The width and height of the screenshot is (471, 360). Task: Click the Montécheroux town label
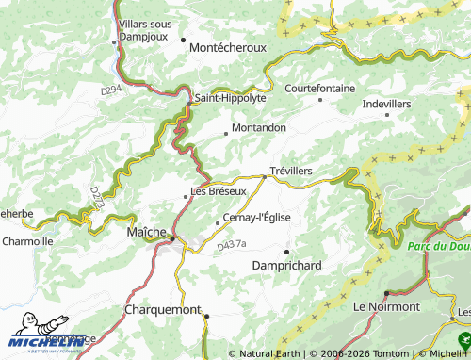click(x=228, y=46)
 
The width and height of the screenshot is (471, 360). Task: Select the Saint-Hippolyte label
click(x=230, y=97)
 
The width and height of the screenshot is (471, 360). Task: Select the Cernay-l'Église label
click(x=256, y=217)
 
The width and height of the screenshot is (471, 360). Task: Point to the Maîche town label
click(x=146, y=230)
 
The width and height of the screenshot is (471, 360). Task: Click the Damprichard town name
click(x=287, y=266)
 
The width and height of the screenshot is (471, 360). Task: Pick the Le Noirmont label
click(x=386, y=307)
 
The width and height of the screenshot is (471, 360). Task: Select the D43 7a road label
click(x=230, y=245)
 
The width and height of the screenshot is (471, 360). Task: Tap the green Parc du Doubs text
click(x=438, y=246)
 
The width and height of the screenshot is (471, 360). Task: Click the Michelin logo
click(x=42, y=340)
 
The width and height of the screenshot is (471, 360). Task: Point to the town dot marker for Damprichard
click(x=286, y=250)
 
